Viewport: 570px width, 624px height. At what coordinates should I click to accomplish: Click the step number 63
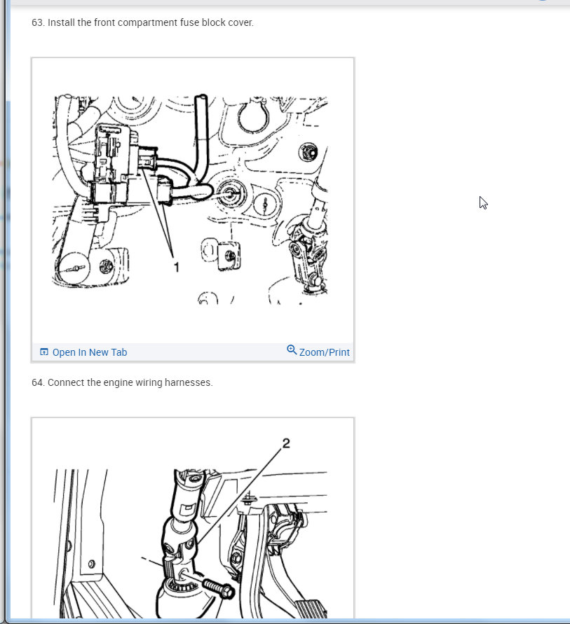(38, 22)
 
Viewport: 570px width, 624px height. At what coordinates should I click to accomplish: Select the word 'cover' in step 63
(240, 22)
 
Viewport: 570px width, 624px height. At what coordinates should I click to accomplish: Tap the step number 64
(38, 382)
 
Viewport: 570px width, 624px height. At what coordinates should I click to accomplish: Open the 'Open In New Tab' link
(90, 352)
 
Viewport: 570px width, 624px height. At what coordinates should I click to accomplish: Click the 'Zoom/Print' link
(324, 352)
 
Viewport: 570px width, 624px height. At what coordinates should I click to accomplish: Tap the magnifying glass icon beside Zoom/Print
(292, 349)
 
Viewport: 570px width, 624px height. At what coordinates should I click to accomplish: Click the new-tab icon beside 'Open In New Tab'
(44, 352)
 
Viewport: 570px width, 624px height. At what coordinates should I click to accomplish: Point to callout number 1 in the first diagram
(176, 267)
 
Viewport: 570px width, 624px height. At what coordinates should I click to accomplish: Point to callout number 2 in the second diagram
(286, 443)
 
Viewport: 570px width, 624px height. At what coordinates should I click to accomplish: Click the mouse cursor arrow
(483, 202)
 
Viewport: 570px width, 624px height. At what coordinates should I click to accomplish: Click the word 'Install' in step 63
(61, 22)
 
